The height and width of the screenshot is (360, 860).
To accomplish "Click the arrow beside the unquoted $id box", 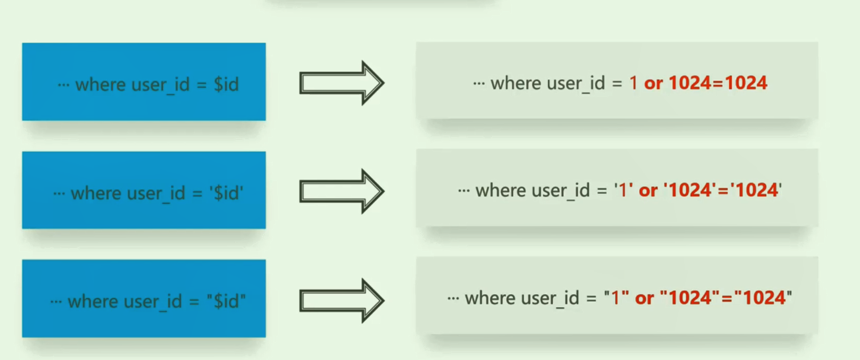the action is pos(342,83).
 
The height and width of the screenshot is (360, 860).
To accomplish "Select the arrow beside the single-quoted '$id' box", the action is pos(342,191).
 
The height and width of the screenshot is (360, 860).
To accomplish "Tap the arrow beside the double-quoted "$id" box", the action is pos(342,301).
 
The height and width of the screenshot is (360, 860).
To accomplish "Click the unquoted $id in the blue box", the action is pos(226,85).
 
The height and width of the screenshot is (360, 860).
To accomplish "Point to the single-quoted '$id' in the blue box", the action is pos(226,193).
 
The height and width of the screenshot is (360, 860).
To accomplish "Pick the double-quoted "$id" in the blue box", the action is pos(226,301).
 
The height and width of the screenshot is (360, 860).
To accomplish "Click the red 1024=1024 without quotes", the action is pos(717,83).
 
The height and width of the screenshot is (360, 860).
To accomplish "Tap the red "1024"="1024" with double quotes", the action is pos(726,298).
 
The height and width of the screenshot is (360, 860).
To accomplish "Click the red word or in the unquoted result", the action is pos(653,84).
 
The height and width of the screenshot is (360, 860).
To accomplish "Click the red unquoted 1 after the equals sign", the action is pos(633,83).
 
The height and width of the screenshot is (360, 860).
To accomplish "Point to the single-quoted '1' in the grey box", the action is pos(623,190).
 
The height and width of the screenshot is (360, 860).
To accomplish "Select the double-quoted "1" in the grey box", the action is pos(616,298).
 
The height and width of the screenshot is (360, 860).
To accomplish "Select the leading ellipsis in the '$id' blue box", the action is pos(59,194).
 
